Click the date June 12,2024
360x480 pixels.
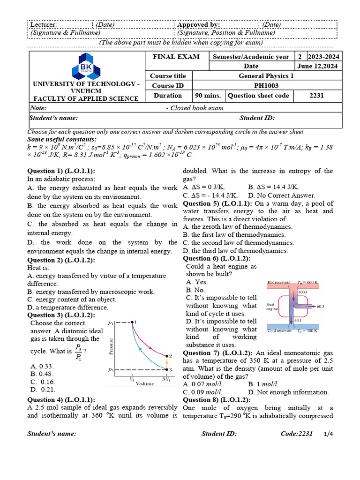[324, 66]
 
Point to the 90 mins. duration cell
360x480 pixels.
[208, 96]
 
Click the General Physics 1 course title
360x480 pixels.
[266, 76]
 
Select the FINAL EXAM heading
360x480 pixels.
[173, 57]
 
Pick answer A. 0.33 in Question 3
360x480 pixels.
[42, 366]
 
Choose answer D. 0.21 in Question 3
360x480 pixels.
[43, 389]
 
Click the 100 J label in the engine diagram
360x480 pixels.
[303, 292]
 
